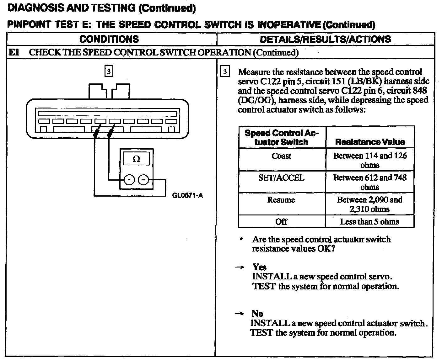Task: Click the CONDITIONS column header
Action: tap(109, 39)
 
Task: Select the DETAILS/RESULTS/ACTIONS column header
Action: tap(326, 39)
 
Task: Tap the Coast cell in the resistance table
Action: tap(282, 156)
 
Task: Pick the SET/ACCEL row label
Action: tap(282, 178)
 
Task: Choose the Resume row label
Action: tap(281, 200)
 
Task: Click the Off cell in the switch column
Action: tap(281, 222)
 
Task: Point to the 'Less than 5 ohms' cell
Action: tap(369, 222)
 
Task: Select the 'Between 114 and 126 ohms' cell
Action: tap(370, 160)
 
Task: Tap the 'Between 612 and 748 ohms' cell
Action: tap(370, 182)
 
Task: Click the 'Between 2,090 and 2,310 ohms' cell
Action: tap(370, 204)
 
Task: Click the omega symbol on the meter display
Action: tap(136, 159)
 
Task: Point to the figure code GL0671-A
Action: tap(188, 196)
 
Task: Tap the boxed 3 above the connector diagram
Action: tap(108, 71)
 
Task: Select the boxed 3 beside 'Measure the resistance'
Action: tap(225, 72)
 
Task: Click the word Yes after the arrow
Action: tap(259, 267)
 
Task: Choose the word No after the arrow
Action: tap(257, 314)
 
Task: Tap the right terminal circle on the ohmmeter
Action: tap(143, 180)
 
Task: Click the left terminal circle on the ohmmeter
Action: tap(129, 180)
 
